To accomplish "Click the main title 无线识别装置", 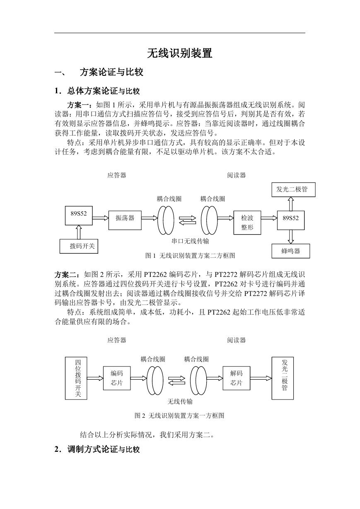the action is click(x=180, y=53).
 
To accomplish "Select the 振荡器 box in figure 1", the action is click(x=125, y=220).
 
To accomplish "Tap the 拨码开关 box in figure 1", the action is click(x=79, y=246).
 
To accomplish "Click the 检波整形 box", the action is click(x=247, y=223).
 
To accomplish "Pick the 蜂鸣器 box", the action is click(x=291, y=251).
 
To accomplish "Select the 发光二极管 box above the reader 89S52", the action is click(x=293, y=189).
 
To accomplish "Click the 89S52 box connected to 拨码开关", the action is click(x=79, y=216).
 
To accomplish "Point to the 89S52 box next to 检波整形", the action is click(x=291, y=220).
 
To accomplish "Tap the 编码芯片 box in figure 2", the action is click(x=117, y=378).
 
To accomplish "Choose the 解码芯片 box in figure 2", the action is click(x=237, y=378).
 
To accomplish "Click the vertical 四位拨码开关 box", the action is click(x=76, y=378).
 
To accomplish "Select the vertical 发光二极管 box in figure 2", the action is click(x=283, y=378).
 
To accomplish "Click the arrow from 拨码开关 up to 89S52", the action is click(x=79, y=232).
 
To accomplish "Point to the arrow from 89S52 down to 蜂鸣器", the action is click(x=291, y=237).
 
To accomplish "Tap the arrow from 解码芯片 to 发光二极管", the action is click(x=261, y=378).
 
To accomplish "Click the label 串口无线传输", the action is click(x=190, y=241).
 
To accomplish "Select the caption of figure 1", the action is click(x=190, y=256).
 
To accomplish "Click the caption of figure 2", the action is click(x=179, y=416).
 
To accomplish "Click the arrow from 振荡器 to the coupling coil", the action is click(x=150, y=218).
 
